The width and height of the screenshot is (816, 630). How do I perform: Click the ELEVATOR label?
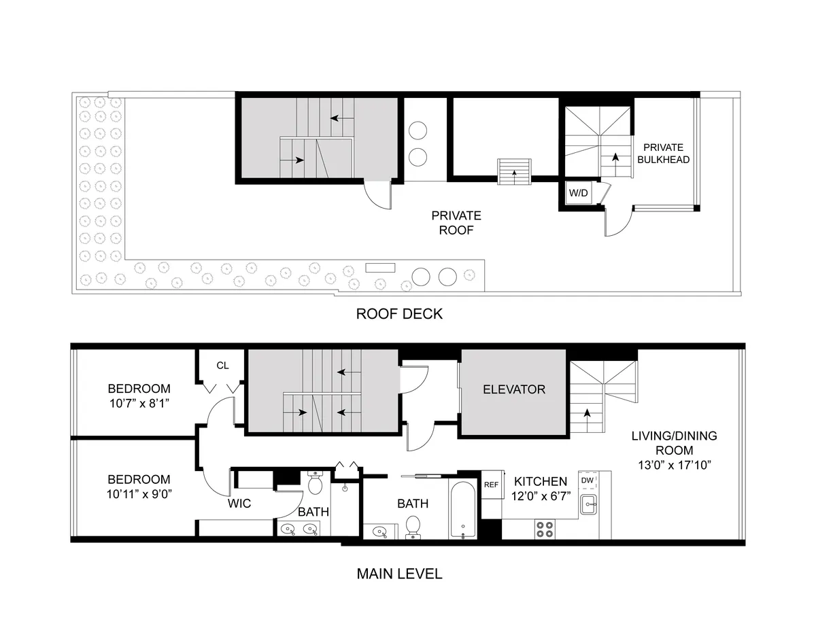pyautogui.click(x=514, y=389)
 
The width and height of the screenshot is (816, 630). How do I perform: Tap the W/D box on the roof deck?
pyautogui.click(x=578, y=193)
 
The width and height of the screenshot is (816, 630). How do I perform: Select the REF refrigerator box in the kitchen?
pyautogui.click(x=492, y=485)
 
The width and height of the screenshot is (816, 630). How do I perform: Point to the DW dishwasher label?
pyautogui.click(x=587, y=480)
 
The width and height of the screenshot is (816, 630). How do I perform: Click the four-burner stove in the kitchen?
pyautogui.click(x=545, y=529)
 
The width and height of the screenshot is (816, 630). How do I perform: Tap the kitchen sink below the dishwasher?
pyautogui.click(x=588, y=504)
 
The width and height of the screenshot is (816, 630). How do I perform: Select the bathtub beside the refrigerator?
pyautogui.click(x=463, y=510)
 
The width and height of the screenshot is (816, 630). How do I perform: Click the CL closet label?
pyautogui.click(x=222, y=366)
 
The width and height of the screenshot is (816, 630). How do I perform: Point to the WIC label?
pyautogui.click(x=239, y=504)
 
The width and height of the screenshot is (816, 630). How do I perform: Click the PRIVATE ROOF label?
pyautogui.click(x=456, y=223)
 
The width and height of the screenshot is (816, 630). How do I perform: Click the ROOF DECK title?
pyautogui.click(x=399, y=314)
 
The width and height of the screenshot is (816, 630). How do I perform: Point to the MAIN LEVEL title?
pyautogui.click(x=399, y=574)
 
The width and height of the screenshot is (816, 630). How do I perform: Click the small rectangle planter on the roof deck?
pyautogui.click(x=380, y=268)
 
